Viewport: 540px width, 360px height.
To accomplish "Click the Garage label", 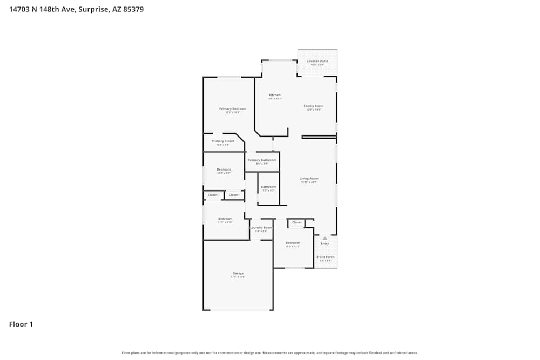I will (238, 274).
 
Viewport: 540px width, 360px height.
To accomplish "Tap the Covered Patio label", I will (317, 62).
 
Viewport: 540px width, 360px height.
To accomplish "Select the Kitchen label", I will (275, 96).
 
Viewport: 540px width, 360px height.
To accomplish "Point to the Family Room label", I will (313, 106).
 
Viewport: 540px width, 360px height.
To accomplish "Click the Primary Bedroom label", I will (233, 109).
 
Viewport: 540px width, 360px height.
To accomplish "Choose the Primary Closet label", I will (223, 141).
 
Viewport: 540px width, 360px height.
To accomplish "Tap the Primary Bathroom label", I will (262, 160).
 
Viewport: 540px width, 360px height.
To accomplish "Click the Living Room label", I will (309, 179).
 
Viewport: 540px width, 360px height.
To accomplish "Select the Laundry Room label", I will (261, 228).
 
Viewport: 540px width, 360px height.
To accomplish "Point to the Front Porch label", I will (325, 257).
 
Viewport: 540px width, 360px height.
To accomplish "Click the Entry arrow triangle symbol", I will (325, 237).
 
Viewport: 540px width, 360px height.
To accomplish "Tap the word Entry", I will (325, 244).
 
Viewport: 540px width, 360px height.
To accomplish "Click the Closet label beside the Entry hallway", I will (297, 222).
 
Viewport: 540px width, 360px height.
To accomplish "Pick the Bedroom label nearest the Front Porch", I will (292, 243).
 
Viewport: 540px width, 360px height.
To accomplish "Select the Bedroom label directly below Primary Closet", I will (224, 169).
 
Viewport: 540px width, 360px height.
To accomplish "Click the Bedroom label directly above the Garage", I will (225, 219).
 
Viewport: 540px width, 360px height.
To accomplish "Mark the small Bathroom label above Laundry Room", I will (268, 187).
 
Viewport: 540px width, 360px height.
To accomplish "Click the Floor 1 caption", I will (21, 324).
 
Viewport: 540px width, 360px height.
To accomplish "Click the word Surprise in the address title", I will (93, 9).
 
